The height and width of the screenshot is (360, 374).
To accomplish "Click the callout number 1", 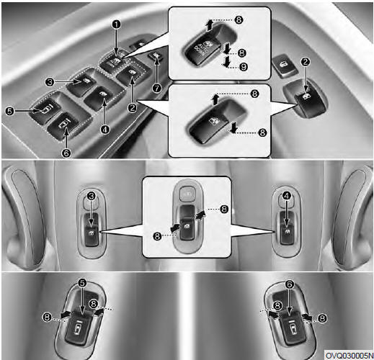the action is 117,24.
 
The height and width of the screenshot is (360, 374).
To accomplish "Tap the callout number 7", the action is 157,89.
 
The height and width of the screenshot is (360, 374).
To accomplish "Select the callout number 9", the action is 244,66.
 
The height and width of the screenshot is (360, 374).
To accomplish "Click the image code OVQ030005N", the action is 349,355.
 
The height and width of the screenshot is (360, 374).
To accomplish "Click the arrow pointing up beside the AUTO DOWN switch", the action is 210,25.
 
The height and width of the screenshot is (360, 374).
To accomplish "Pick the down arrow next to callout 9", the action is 226,62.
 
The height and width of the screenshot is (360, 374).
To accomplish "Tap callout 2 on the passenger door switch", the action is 306,62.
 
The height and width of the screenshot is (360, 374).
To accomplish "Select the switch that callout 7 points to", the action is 156,55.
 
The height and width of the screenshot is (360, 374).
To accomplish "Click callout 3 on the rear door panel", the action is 91,197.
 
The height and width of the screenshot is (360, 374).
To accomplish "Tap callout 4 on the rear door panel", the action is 287,196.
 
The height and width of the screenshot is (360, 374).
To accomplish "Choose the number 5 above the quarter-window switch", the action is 82,283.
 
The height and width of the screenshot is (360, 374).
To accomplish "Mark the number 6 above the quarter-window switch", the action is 290,284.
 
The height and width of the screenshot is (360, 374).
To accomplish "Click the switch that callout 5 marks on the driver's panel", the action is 45,109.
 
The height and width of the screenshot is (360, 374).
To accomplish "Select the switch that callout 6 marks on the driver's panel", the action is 63,125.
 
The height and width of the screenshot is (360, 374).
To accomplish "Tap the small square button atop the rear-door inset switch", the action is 187,192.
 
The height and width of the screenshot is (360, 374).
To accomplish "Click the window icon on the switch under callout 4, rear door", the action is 288,231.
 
